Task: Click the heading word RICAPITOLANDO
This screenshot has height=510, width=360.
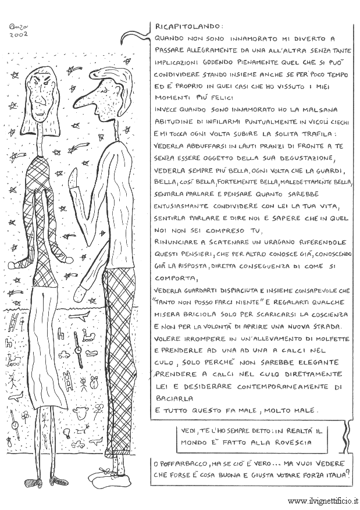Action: [x=181, y=26]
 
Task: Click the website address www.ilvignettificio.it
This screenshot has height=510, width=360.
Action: [x=323, y=500]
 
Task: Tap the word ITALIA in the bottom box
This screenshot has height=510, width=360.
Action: [x=329, y=476]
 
